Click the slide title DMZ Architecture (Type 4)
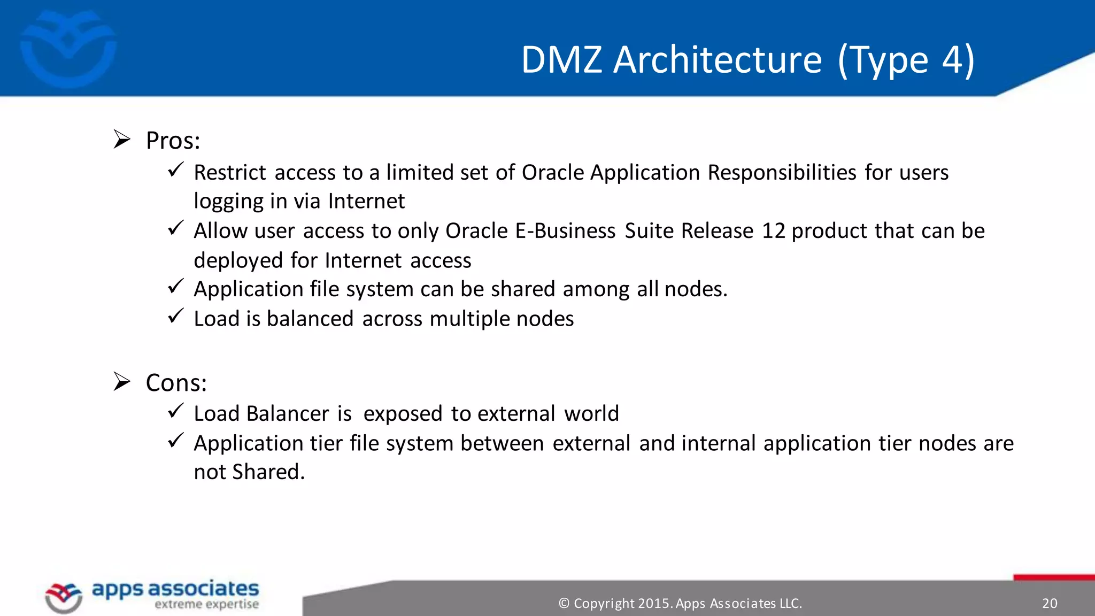click(x=747, y=60)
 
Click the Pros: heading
click(x=173, y=141)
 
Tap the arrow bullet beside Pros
click(x=122, y=140)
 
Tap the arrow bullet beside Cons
click(x=122, y=382)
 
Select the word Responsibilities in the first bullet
click(x=782, y=173)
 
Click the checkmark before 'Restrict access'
click(x=175, y=170)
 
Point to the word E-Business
click(x=565, y=231)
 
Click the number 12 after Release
click(x=773, y=231)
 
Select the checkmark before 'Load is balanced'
click(x=175, y=316)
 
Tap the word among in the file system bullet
click(x=596, y=289)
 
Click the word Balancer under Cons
click(x=288, y=414)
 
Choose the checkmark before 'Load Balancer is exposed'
click(x=175, y=411)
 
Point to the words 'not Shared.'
click(x=249, y=472)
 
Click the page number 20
click(x=1050, y=603)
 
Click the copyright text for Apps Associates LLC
click(x=680, y=603)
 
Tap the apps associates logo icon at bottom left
click(x=64, y=597)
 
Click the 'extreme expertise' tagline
click(x=206, y=605)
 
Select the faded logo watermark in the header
click(x=68, y=48)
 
